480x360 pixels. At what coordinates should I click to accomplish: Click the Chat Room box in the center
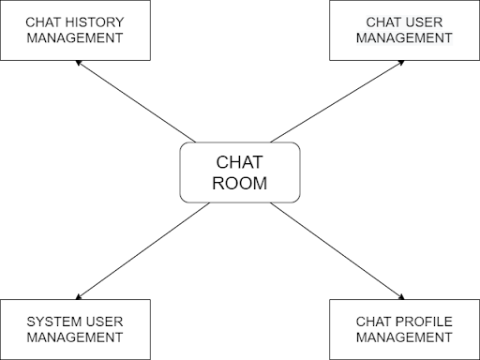click(240, 172)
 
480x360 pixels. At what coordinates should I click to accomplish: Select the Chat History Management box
click(75, 30)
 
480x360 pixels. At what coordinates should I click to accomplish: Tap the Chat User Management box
click(404, 30)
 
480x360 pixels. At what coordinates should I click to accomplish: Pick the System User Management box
click(75, 330)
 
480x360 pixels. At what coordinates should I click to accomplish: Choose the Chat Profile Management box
click(404, 330)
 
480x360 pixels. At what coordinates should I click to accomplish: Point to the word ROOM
click(240, 184)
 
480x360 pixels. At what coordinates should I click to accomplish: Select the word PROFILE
click(424, 322)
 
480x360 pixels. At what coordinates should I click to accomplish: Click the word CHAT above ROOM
click(240, 160)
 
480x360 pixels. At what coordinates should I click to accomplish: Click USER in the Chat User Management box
click(429, 22)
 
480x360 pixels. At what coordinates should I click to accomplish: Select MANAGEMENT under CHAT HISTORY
click(75, 38)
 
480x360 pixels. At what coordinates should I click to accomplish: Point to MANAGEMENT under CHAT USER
click(404, 38)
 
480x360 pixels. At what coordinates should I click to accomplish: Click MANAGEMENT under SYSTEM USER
click(75, 338)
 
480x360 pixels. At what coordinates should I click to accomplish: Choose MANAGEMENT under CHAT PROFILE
click(404, 338)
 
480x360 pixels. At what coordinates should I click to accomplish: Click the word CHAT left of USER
click(385, 22)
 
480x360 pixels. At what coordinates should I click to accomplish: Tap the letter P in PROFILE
click(399, 322)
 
